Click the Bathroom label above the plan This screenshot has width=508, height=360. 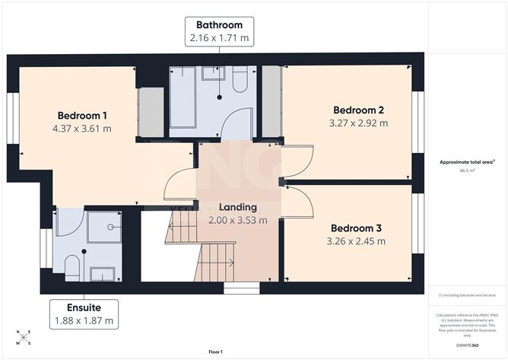219,24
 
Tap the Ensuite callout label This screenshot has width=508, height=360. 84,307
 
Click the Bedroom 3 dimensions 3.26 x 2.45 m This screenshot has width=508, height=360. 357,241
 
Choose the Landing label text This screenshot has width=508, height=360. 238,207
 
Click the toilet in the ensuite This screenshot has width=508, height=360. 72,267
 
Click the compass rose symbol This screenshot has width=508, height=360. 23,336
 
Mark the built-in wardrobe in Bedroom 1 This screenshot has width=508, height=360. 151,113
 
